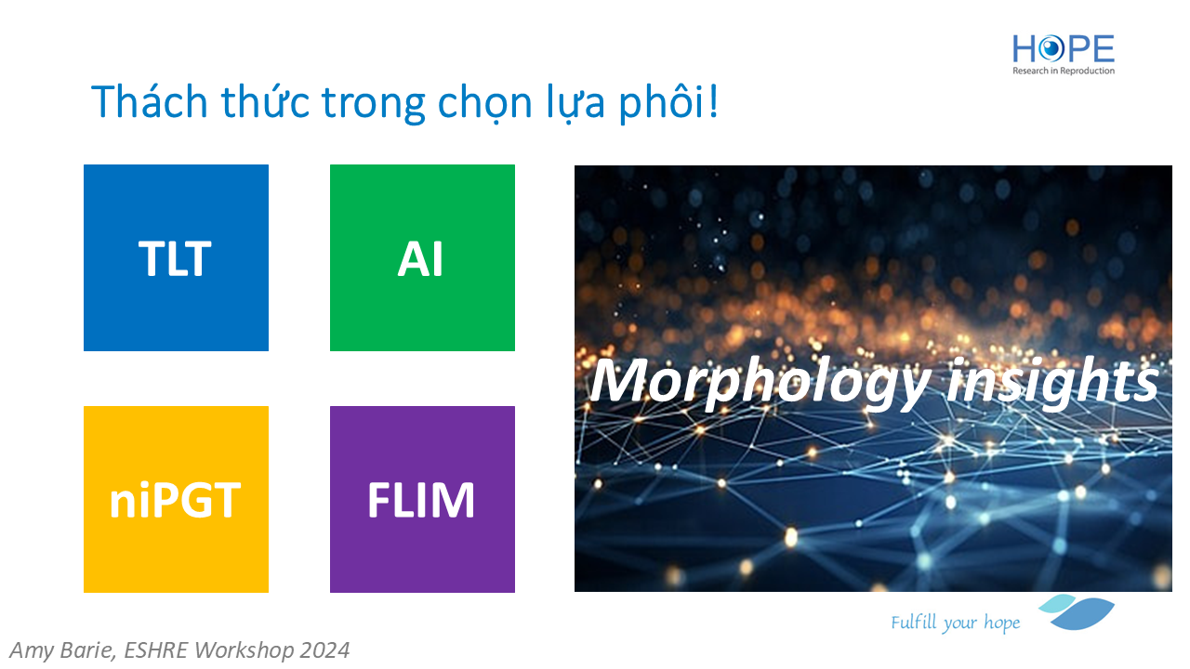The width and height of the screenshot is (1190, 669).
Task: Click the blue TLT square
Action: (x=176, y=257)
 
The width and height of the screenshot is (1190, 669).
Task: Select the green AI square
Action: (x=422, y=257)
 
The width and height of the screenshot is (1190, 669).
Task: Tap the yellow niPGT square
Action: (x=176, y=499)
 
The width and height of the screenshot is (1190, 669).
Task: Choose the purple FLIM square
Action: (x=422, y=499)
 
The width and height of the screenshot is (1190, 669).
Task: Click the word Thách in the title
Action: (x=150, y=101)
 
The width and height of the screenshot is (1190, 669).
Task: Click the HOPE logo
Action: (x=1064, y=54)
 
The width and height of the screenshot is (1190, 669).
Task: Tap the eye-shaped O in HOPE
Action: (x=1051, y=49)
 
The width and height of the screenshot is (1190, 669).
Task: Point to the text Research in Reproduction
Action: (x=1064, y=71)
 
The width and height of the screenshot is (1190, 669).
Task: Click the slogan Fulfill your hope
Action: (x=955, y=623)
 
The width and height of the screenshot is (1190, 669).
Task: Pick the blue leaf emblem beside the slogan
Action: (x=1077, y=611)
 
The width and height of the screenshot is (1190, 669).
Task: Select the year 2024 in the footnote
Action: (x=324, y=650)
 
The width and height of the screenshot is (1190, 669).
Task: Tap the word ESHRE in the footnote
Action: (x=155, y=650)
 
